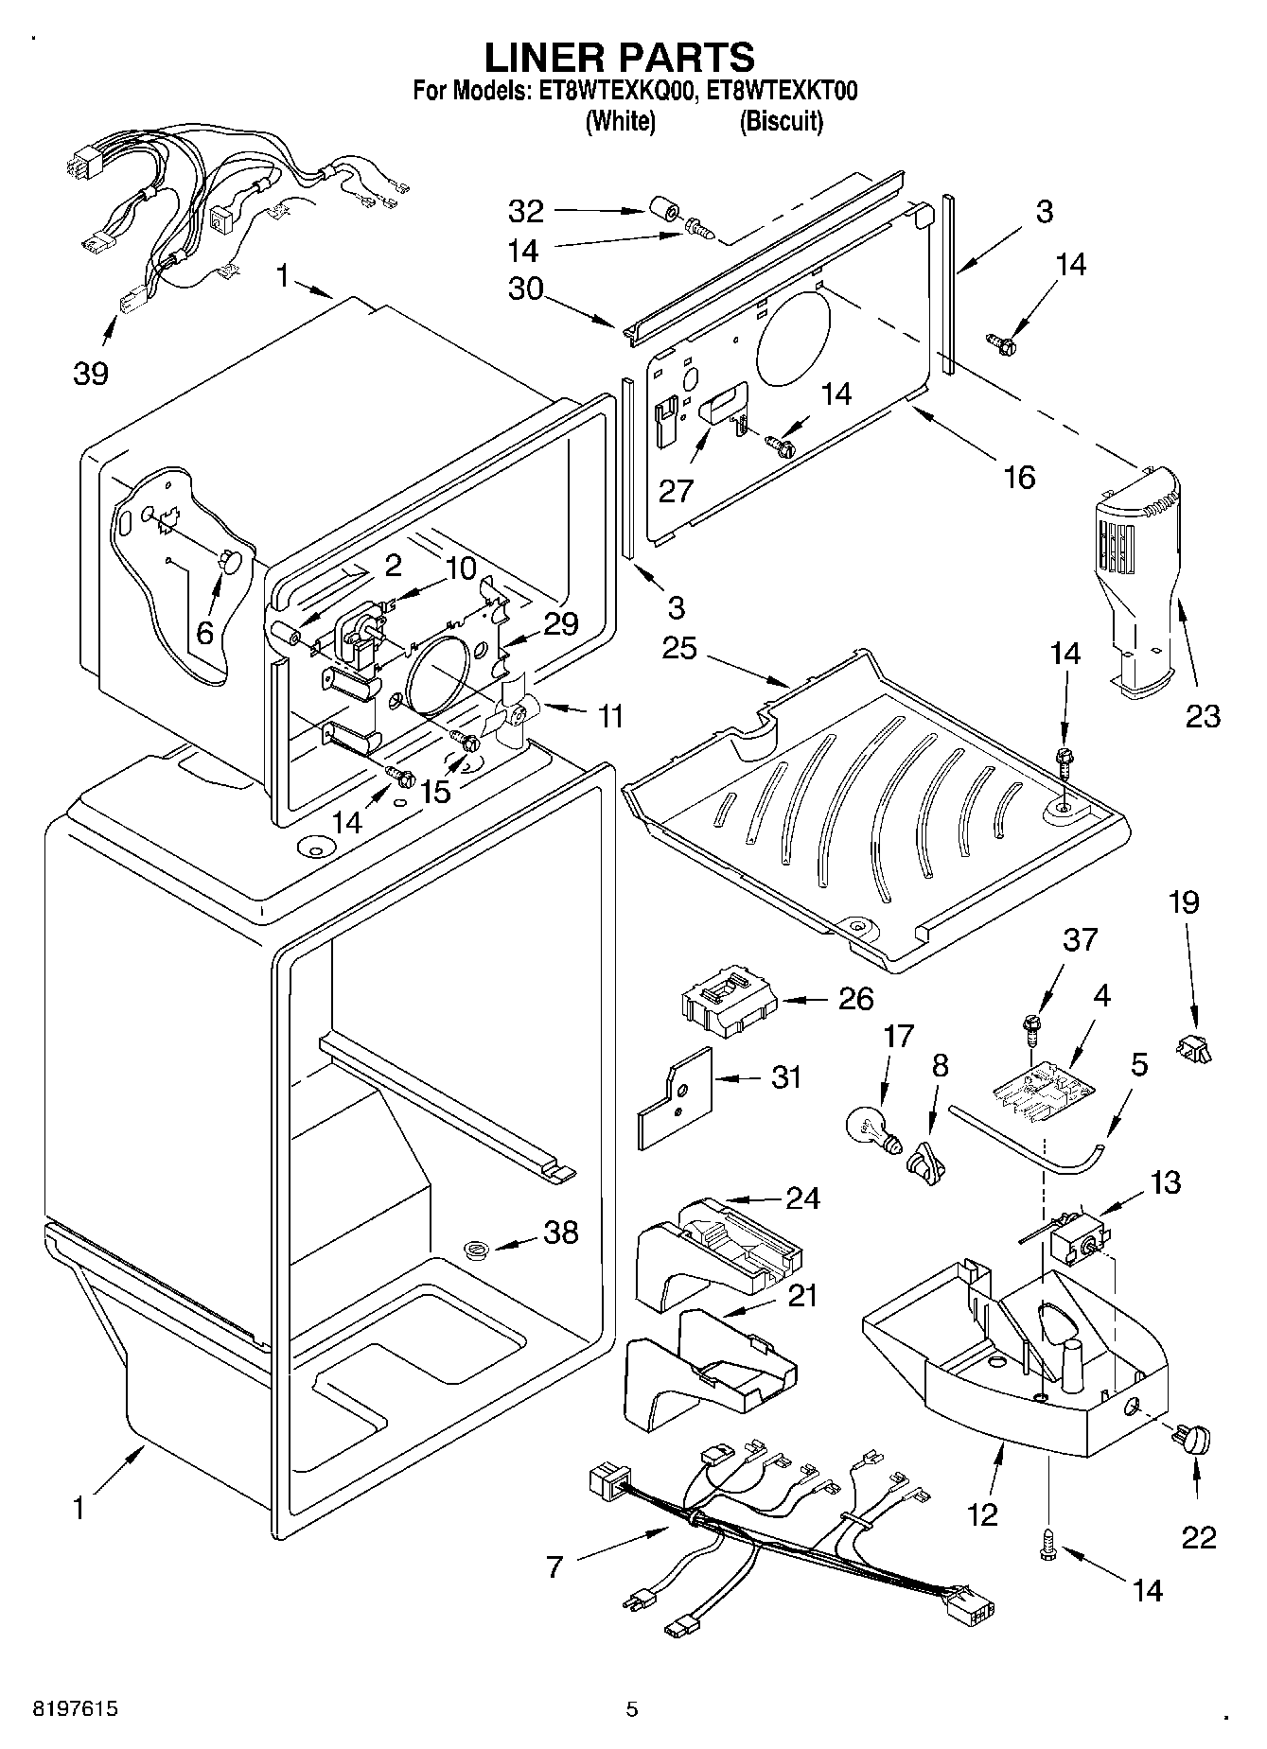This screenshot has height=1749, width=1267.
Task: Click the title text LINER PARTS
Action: point(620,57)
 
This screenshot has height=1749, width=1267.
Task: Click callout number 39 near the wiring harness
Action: point(91,373)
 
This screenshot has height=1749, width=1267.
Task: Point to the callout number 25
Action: point(679,648)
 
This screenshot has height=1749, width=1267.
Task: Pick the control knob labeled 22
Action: point(1195,1442)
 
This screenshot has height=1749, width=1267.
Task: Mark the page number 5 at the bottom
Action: point(632,1709)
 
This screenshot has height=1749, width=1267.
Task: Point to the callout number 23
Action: point(1203,716)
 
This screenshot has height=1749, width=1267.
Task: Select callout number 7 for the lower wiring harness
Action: point(554,1567)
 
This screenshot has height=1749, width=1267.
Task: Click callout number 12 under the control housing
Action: point(983,1513)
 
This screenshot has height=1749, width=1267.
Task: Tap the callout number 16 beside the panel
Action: point(1018,476)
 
